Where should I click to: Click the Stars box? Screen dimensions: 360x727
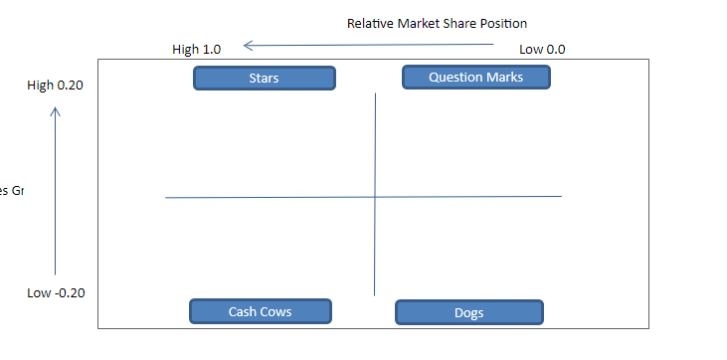[x=264, y=78]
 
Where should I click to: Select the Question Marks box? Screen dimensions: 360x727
[x=475, y=77]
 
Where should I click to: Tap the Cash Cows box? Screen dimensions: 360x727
[x=260, y=311]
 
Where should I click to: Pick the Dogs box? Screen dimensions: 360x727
[x=468, y=312]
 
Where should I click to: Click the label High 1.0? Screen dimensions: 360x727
[x=197, y=49]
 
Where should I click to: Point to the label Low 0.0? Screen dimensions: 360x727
[x=543, y=49]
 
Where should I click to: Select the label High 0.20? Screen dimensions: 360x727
[x=56, y=86]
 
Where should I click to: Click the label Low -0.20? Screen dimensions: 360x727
[x=56, y=292]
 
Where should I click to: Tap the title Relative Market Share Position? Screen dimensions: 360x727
[x=437, y=23]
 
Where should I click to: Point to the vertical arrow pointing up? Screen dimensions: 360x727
[x=55, y=189]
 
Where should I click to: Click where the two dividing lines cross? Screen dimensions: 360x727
[x=375, y=197]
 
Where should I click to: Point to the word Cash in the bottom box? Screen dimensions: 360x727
[x=243, y=311]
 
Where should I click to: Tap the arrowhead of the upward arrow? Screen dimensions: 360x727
[x=55, y=111]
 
